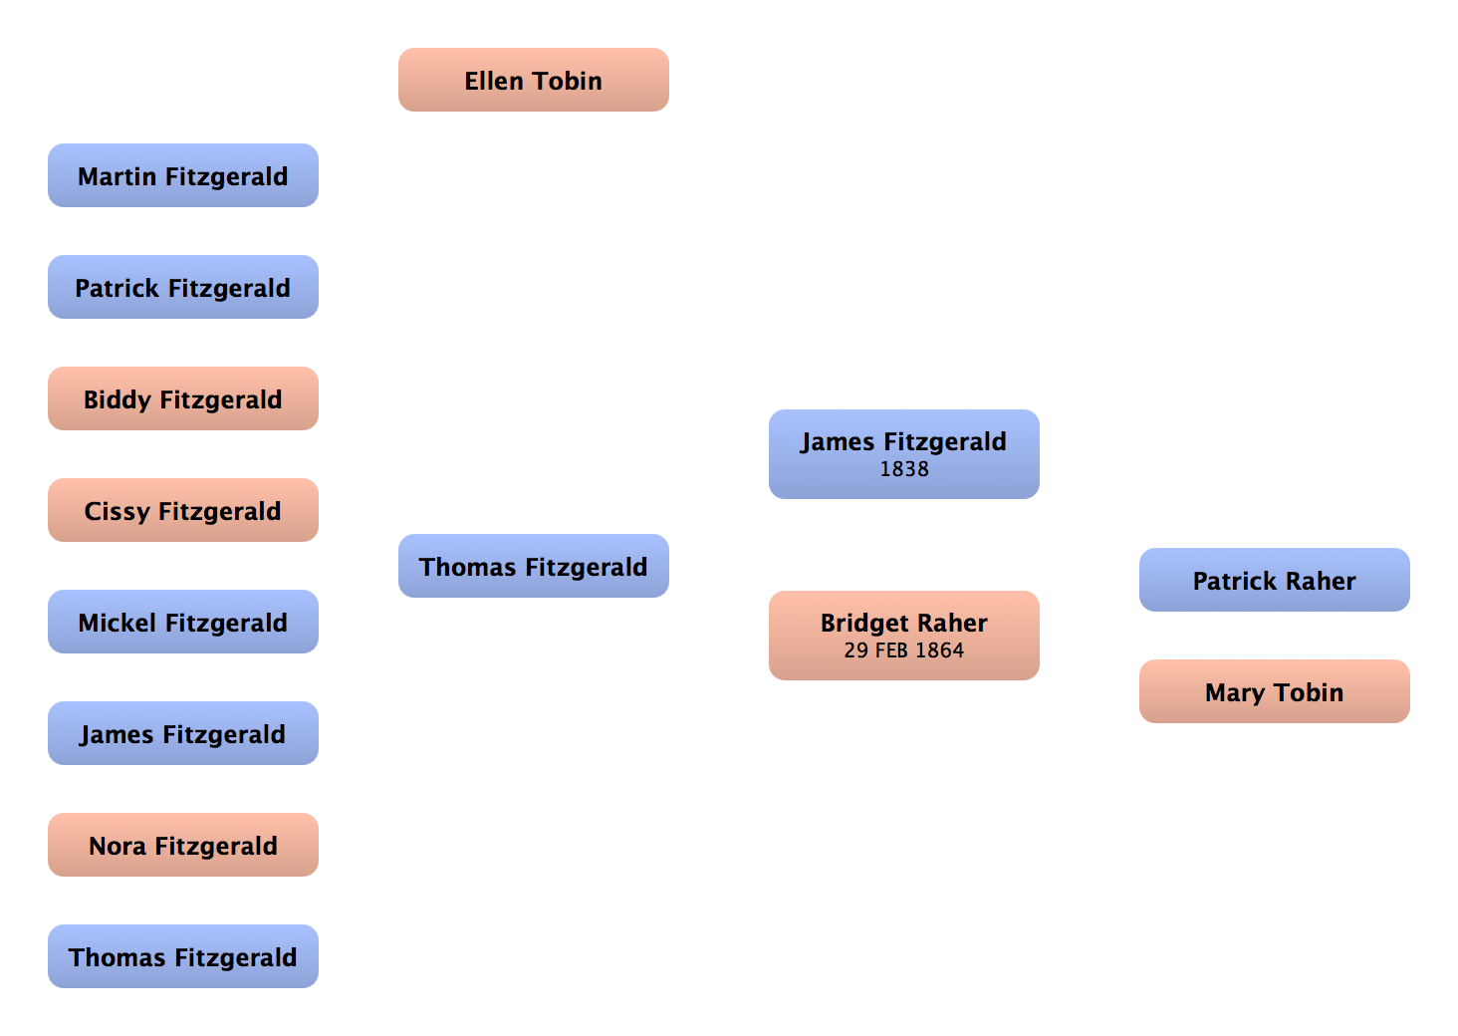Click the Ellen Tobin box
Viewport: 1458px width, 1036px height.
535,81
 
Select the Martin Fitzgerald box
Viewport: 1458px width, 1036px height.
183,176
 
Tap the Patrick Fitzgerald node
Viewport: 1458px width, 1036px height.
183,288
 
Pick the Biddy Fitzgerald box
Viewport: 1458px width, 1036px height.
183,399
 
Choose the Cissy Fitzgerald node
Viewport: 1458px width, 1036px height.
183,511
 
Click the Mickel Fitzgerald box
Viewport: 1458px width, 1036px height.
183,623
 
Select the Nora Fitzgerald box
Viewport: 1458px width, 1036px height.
183,846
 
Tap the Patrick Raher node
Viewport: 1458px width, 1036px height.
1275,581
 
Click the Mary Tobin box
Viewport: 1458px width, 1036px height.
1275,692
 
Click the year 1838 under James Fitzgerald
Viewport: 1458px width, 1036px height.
904,469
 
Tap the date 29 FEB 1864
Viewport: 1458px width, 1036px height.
904,650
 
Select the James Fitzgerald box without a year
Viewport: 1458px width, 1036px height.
183,734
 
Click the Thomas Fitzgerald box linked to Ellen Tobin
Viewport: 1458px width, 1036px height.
534,567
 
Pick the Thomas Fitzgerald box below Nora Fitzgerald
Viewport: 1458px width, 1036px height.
183,957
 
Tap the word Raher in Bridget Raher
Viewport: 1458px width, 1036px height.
954,623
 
